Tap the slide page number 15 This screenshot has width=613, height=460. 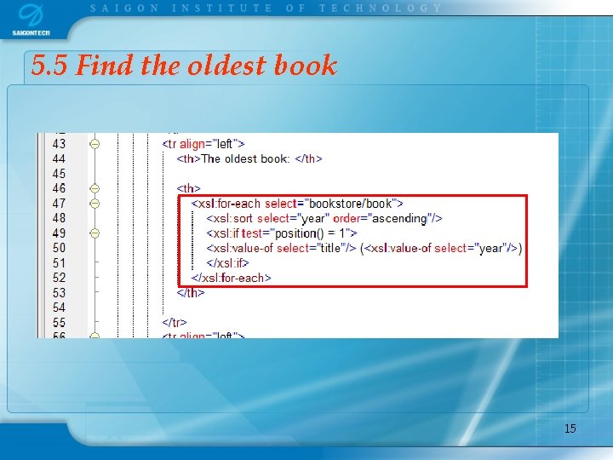(570, 428)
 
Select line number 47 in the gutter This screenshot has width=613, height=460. (59, 204)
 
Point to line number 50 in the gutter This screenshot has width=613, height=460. (59, 248)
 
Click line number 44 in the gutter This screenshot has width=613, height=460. (59, 158)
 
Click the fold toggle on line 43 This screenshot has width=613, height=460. (95, 144)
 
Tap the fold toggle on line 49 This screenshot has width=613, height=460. (95, 233)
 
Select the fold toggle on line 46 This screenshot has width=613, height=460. (95, 188)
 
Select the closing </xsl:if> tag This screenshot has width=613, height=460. (227, 262)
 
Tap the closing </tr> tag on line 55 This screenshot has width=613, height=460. (175, 322)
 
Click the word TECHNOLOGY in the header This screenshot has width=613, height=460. (381, 8)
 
